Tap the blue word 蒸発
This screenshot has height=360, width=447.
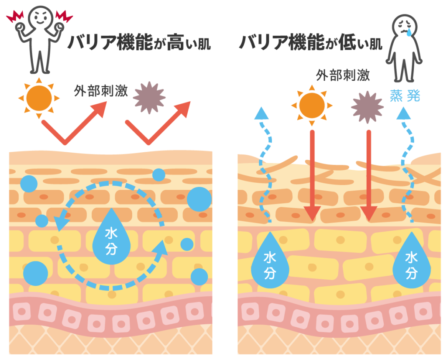click(x=405, y=96)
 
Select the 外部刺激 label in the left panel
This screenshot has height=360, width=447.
click(x=100, y=91)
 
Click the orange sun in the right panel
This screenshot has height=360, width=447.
click(x=312, y=106)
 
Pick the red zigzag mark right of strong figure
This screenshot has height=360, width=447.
click(x=64, y=17)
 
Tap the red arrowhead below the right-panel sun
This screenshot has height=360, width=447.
click(x=312, y=213)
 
